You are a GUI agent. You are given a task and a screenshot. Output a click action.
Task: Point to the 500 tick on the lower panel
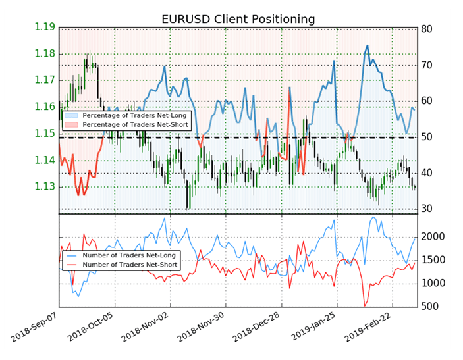point(432,307)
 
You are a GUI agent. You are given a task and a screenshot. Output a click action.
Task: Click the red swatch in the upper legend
point(72,124)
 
